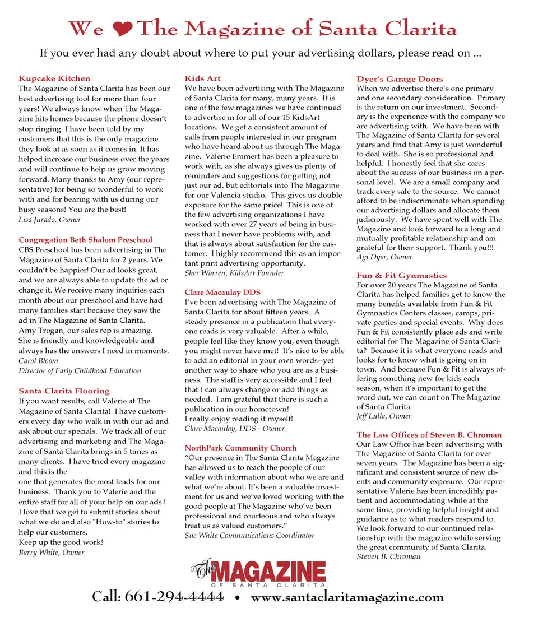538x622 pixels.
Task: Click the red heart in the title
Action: click(x=125, y=29)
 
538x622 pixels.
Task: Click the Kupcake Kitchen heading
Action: click(x=54, y=78)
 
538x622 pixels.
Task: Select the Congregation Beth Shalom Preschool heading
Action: click(x=85, y=240)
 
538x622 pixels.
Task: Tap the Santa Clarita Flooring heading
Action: click(x=64, y=391)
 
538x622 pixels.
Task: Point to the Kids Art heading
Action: click(x=202, y=78)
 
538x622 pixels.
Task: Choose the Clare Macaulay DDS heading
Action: click(x=222, y=292)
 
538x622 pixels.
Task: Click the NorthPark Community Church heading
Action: click(x=240, y=448)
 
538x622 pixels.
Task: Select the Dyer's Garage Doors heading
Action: click(x=400, y=79)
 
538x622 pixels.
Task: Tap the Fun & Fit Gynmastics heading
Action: click(x=401, y=275)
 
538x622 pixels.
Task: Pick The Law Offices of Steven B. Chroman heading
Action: click(x=429, y=434)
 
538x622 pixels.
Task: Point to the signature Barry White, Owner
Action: click(x=52, y=552)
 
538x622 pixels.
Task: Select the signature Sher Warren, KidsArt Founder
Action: click(x=234, y=273)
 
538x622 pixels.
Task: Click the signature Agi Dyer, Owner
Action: click(x=384, y=257)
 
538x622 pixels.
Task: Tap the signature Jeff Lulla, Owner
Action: click(x=384, y=416)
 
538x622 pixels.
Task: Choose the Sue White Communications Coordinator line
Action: click(x=249, y=535)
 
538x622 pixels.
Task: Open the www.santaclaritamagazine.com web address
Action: click(x=347, y=597)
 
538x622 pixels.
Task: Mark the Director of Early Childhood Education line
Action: click(x=80, y=370)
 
